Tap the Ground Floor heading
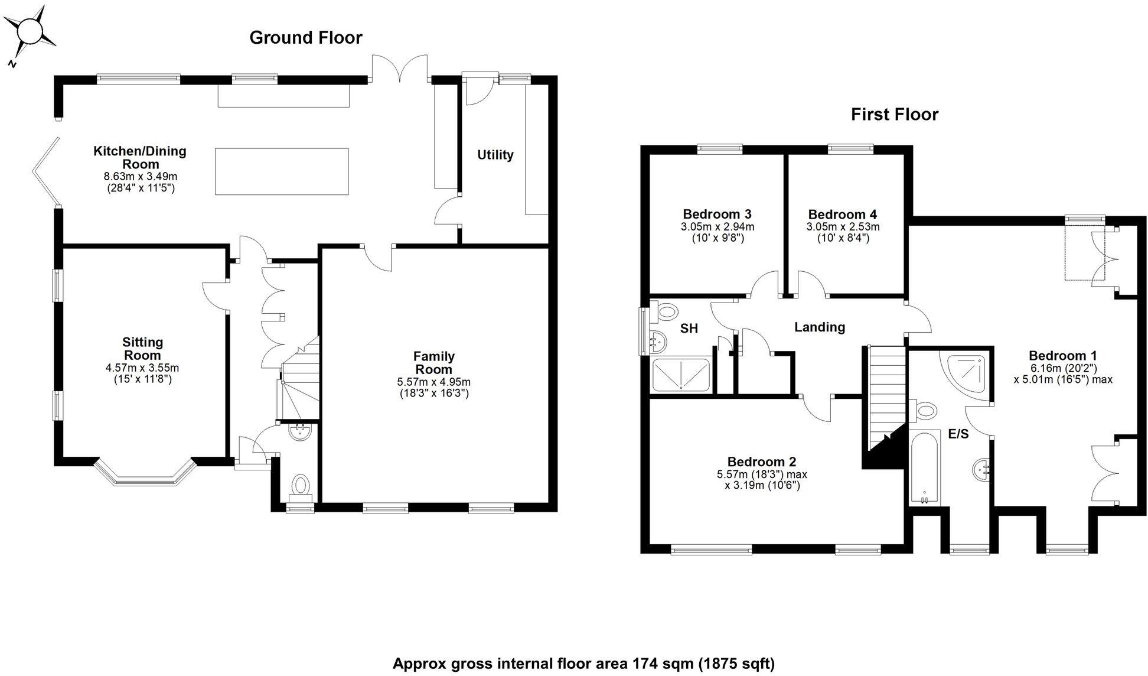pyautogui.click(x=305, y=38)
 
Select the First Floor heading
pyautogui.click(x=894, y=115)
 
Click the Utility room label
pyautogui.click(x=495, y=155)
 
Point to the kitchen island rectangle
pyautogui.click(x=281, y=171)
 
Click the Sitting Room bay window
pyautogui.click(x=145, y=474)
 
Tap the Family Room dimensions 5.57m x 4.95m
pyautogui.click(x=433, y=382)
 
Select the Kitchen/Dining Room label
pyautogui.click(x=140, y=157)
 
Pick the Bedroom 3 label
pyautogui.click(x=717, y=214)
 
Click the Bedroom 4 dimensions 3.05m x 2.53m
pyautogui.click(x=843, y=227)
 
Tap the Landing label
pyautogui.click(x=819, y=327)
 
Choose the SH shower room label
pyautogui.click(x=689, y=329)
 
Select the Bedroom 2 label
pyautogui.click(x=761, y=462)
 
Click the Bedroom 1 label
pyautogui.click(x=1062, y=356)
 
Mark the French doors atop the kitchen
pyautogui.click(x=400, y=68)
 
